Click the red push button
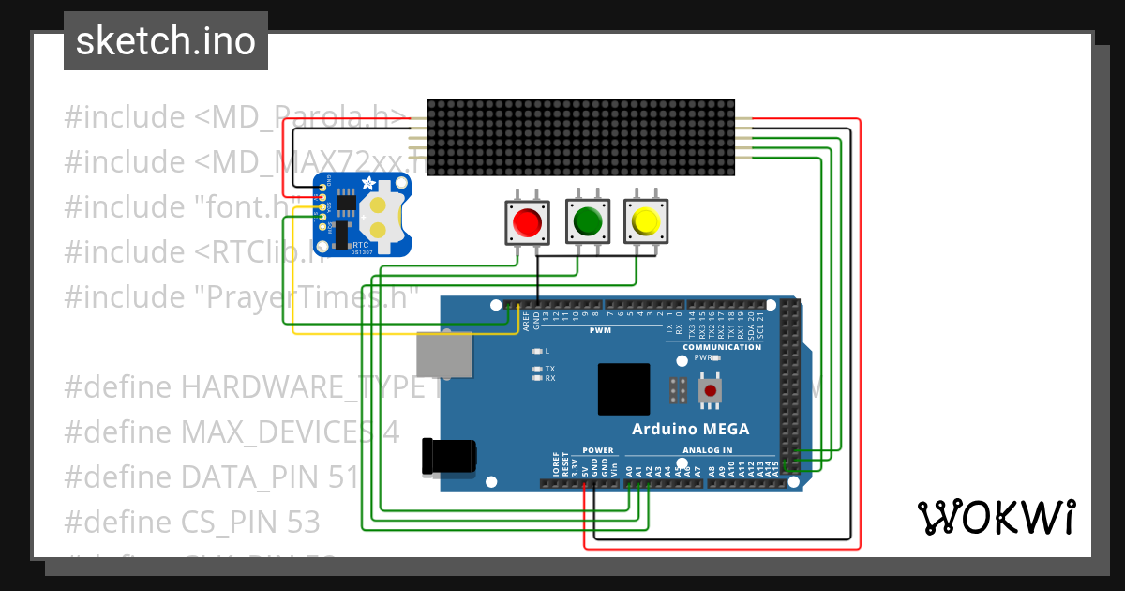click(x=526, y=222)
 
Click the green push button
click(x=587, y=222)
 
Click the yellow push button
click(x=646, y=222)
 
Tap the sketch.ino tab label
click(x=166, y=41)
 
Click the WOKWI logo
click(x=996, y=517)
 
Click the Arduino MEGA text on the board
click(x=690, y=429)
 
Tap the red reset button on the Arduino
click(x=710, y=390)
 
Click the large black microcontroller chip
click(x=623, y=389)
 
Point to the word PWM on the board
click(x=600, y=330)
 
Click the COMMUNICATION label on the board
click(x=722, y=347)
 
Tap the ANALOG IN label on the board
click(x=708, y=450)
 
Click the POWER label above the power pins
click(x=597, y=450)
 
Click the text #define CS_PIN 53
click(x=192, y=522)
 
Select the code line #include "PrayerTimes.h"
click(x=241, y=296)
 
